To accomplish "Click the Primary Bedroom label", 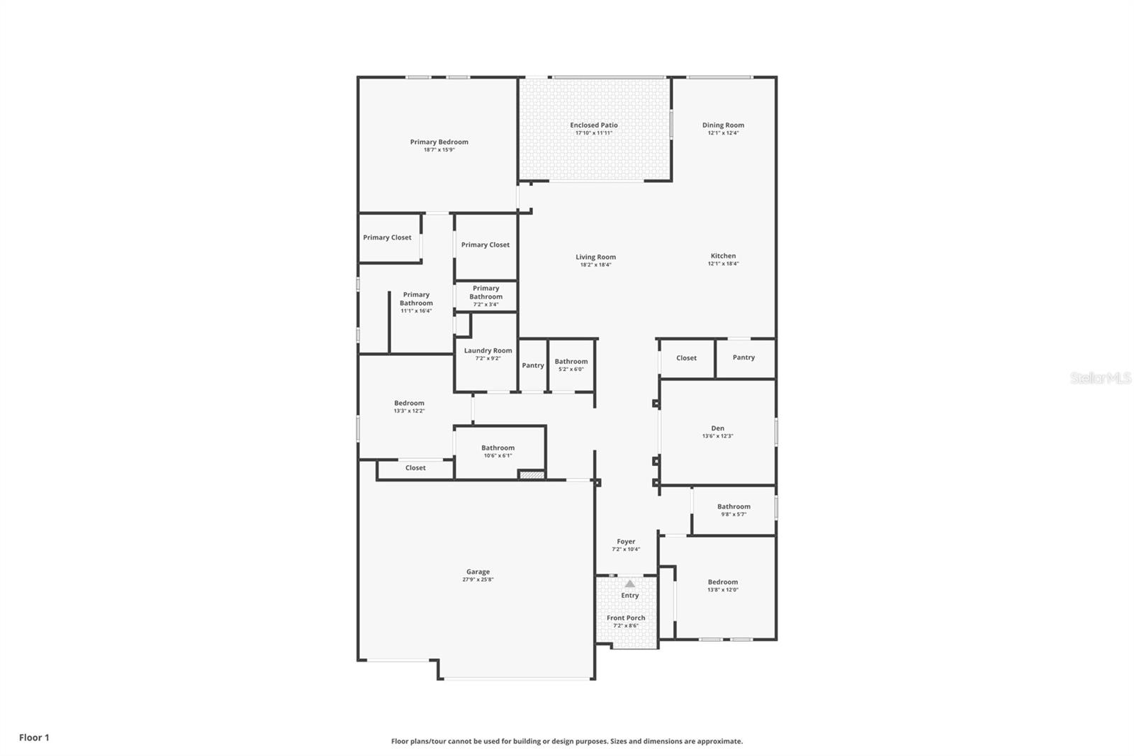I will coord(439,142).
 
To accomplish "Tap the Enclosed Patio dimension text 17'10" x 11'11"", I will coord(594,133).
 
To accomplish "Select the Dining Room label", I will coord(723,125).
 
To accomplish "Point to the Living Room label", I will coord(595,257).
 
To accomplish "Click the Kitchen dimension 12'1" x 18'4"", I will coord(723,264).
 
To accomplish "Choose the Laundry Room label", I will coord(488,350).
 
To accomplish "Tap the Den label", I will coord(717,428).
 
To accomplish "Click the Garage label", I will coord(478,572).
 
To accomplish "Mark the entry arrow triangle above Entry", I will coord(629,584).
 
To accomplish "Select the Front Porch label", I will coord(626,618).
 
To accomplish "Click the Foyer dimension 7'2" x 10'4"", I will coord(626,550).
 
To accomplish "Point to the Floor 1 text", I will coord(34,738).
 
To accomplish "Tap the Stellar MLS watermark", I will coord(1100,378).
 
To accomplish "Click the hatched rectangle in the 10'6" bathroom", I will coord(532,474).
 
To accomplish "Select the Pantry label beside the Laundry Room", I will coord(533,365).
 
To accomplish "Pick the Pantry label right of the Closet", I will coord(743,357).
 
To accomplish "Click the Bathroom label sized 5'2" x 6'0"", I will coord(571,361).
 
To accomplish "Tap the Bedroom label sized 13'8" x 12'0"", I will coord(722,582).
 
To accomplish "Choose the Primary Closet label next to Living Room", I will coord(485,245).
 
